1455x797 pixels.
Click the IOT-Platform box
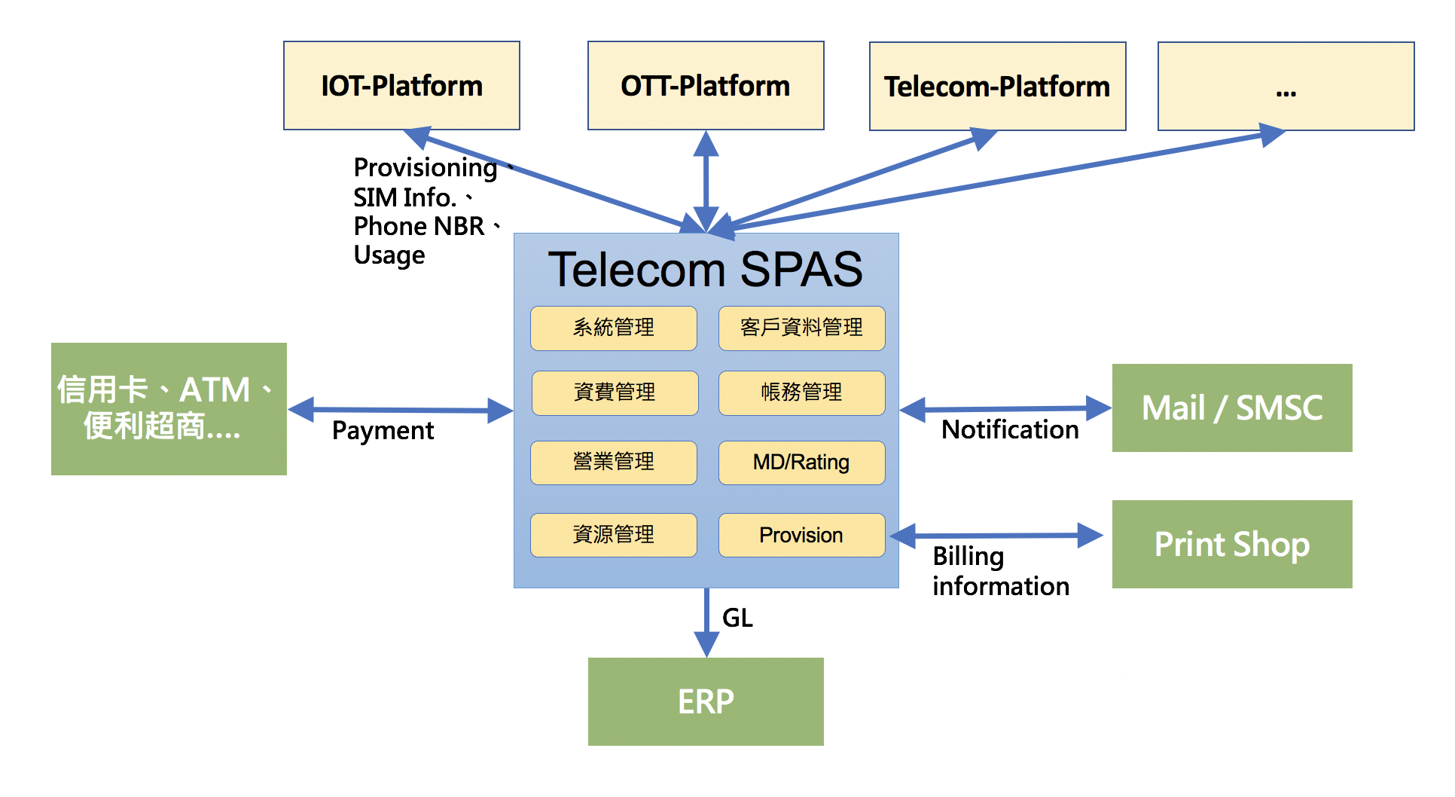click(x=401, y=86)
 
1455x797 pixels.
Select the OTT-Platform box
click(x=706, y=86)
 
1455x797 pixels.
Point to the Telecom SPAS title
click(x=705, y=269)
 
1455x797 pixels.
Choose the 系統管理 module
click(x=614, y=328)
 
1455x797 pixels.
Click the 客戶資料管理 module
click(x=801, y=328)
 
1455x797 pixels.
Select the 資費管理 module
click(x=615, y=392)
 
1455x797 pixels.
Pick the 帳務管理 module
click(x=801, y=392)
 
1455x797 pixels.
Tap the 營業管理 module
click(x=614, y=463)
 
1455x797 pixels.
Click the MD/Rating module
click(x=801, y=463)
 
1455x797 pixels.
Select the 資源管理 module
click(x=614, y=535)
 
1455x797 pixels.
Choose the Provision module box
click(x=801, y=535)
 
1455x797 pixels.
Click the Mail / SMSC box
click(x=1232, y=408)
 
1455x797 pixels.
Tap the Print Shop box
click(x=1232, y=544)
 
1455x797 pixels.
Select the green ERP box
click(x=706, y=701)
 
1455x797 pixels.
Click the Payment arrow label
click(x=383, y=431)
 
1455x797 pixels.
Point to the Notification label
click(x=1010, y=429)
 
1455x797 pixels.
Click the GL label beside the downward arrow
click(x=737, y=618)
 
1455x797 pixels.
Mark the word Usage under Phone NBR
click(x=389, y=255)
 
